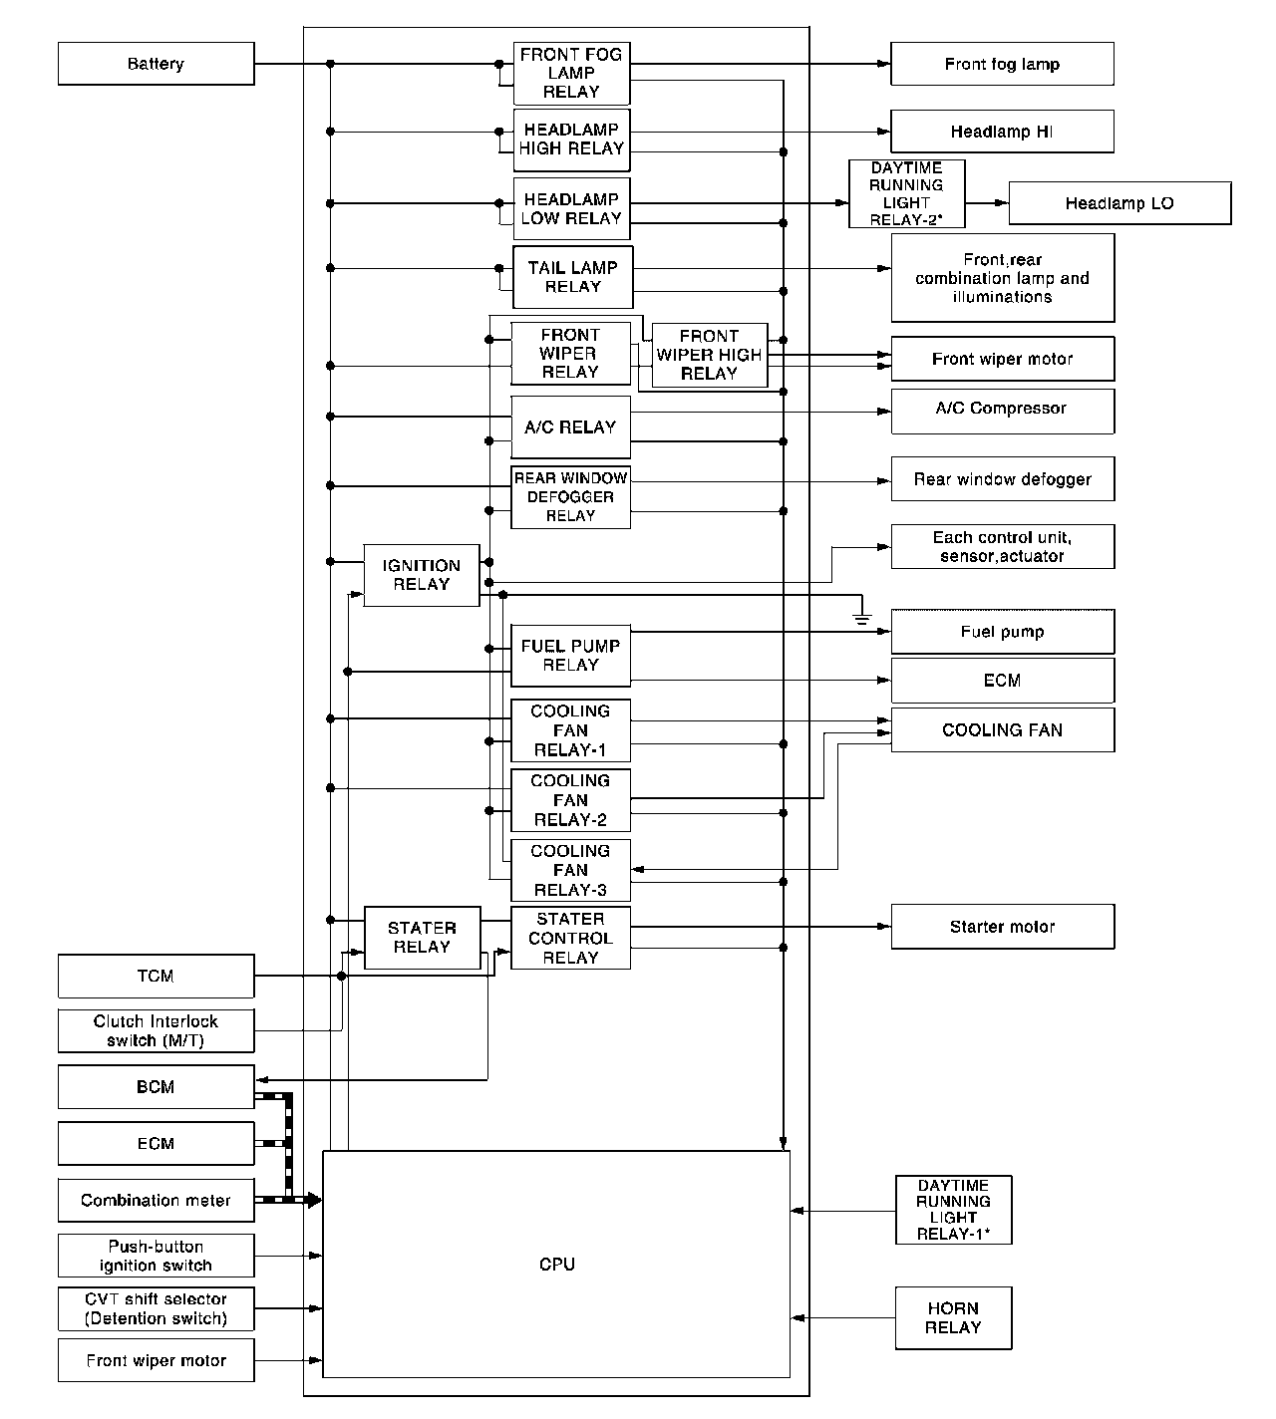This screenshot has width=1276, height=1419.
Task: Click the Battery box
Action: click(x=156, y=64)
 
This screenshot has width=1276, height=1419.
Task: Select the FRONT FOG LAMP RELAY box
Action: click(x=571, y=74)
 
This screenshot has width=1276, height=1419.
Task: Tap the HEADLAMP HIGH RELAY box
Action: click(x=571, y=140)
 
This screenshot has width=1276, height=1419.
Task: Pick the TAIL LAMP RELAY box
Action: click(x=572, y=277)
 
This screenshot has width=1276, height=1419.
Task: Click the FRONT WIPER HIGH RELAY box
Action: click(x=709, y=355)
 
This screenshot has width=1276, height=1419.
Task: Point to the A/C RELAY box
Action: click(x=570, y=427)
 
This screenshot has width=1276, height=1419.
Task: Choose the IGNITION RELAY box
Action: click(x=421, y=575)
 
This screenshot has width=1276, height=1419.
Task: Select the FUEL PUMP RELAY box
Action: click(x=570, y=656)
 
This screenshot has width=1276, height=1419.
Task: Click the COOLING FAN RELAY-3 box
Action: click(x=570, y=870)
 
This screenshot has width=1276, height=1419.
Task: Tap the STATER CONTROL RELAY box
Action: click(x=570, y=938)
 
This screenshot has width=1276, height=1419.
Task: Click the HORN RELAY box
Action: click(x=953, y=1317)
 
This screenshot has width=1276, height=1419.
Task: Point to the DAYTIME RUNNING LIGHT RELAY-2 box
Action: click(x=906, y=194)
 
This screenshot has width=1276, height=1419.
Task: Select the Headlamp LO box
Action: click(x=1119, y=203)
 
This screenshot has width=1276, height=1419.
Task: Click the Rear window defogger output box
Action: click(x=1002, y=479)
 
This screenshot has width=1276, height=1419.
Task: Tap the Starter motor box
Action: click(x=1002, y=927)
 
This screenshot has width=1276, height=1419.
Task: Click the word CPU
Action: click(x=557, y=1265)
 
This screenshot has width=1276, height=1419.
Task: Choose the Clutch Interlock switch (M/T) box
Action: click(x=156, y=1030)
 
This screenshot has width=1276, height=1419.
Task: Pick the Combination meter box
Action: click(x=156, y=1201)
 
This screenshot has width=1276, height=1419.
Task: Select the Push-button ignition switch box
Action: click(x=156, y=1256)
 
